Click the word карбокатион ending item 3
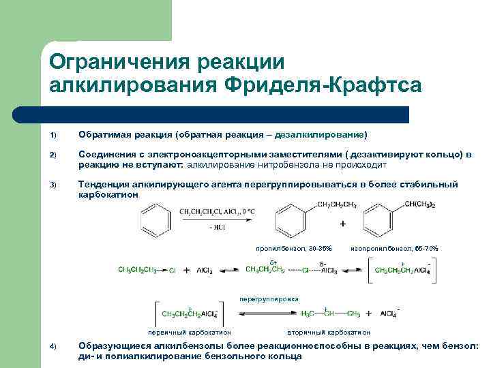108,194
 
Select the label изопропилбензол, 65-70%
394,248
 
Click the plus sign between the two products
342,224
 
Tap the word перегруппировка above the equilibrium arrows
269,298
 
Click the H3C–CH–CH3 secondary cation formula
330,314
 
